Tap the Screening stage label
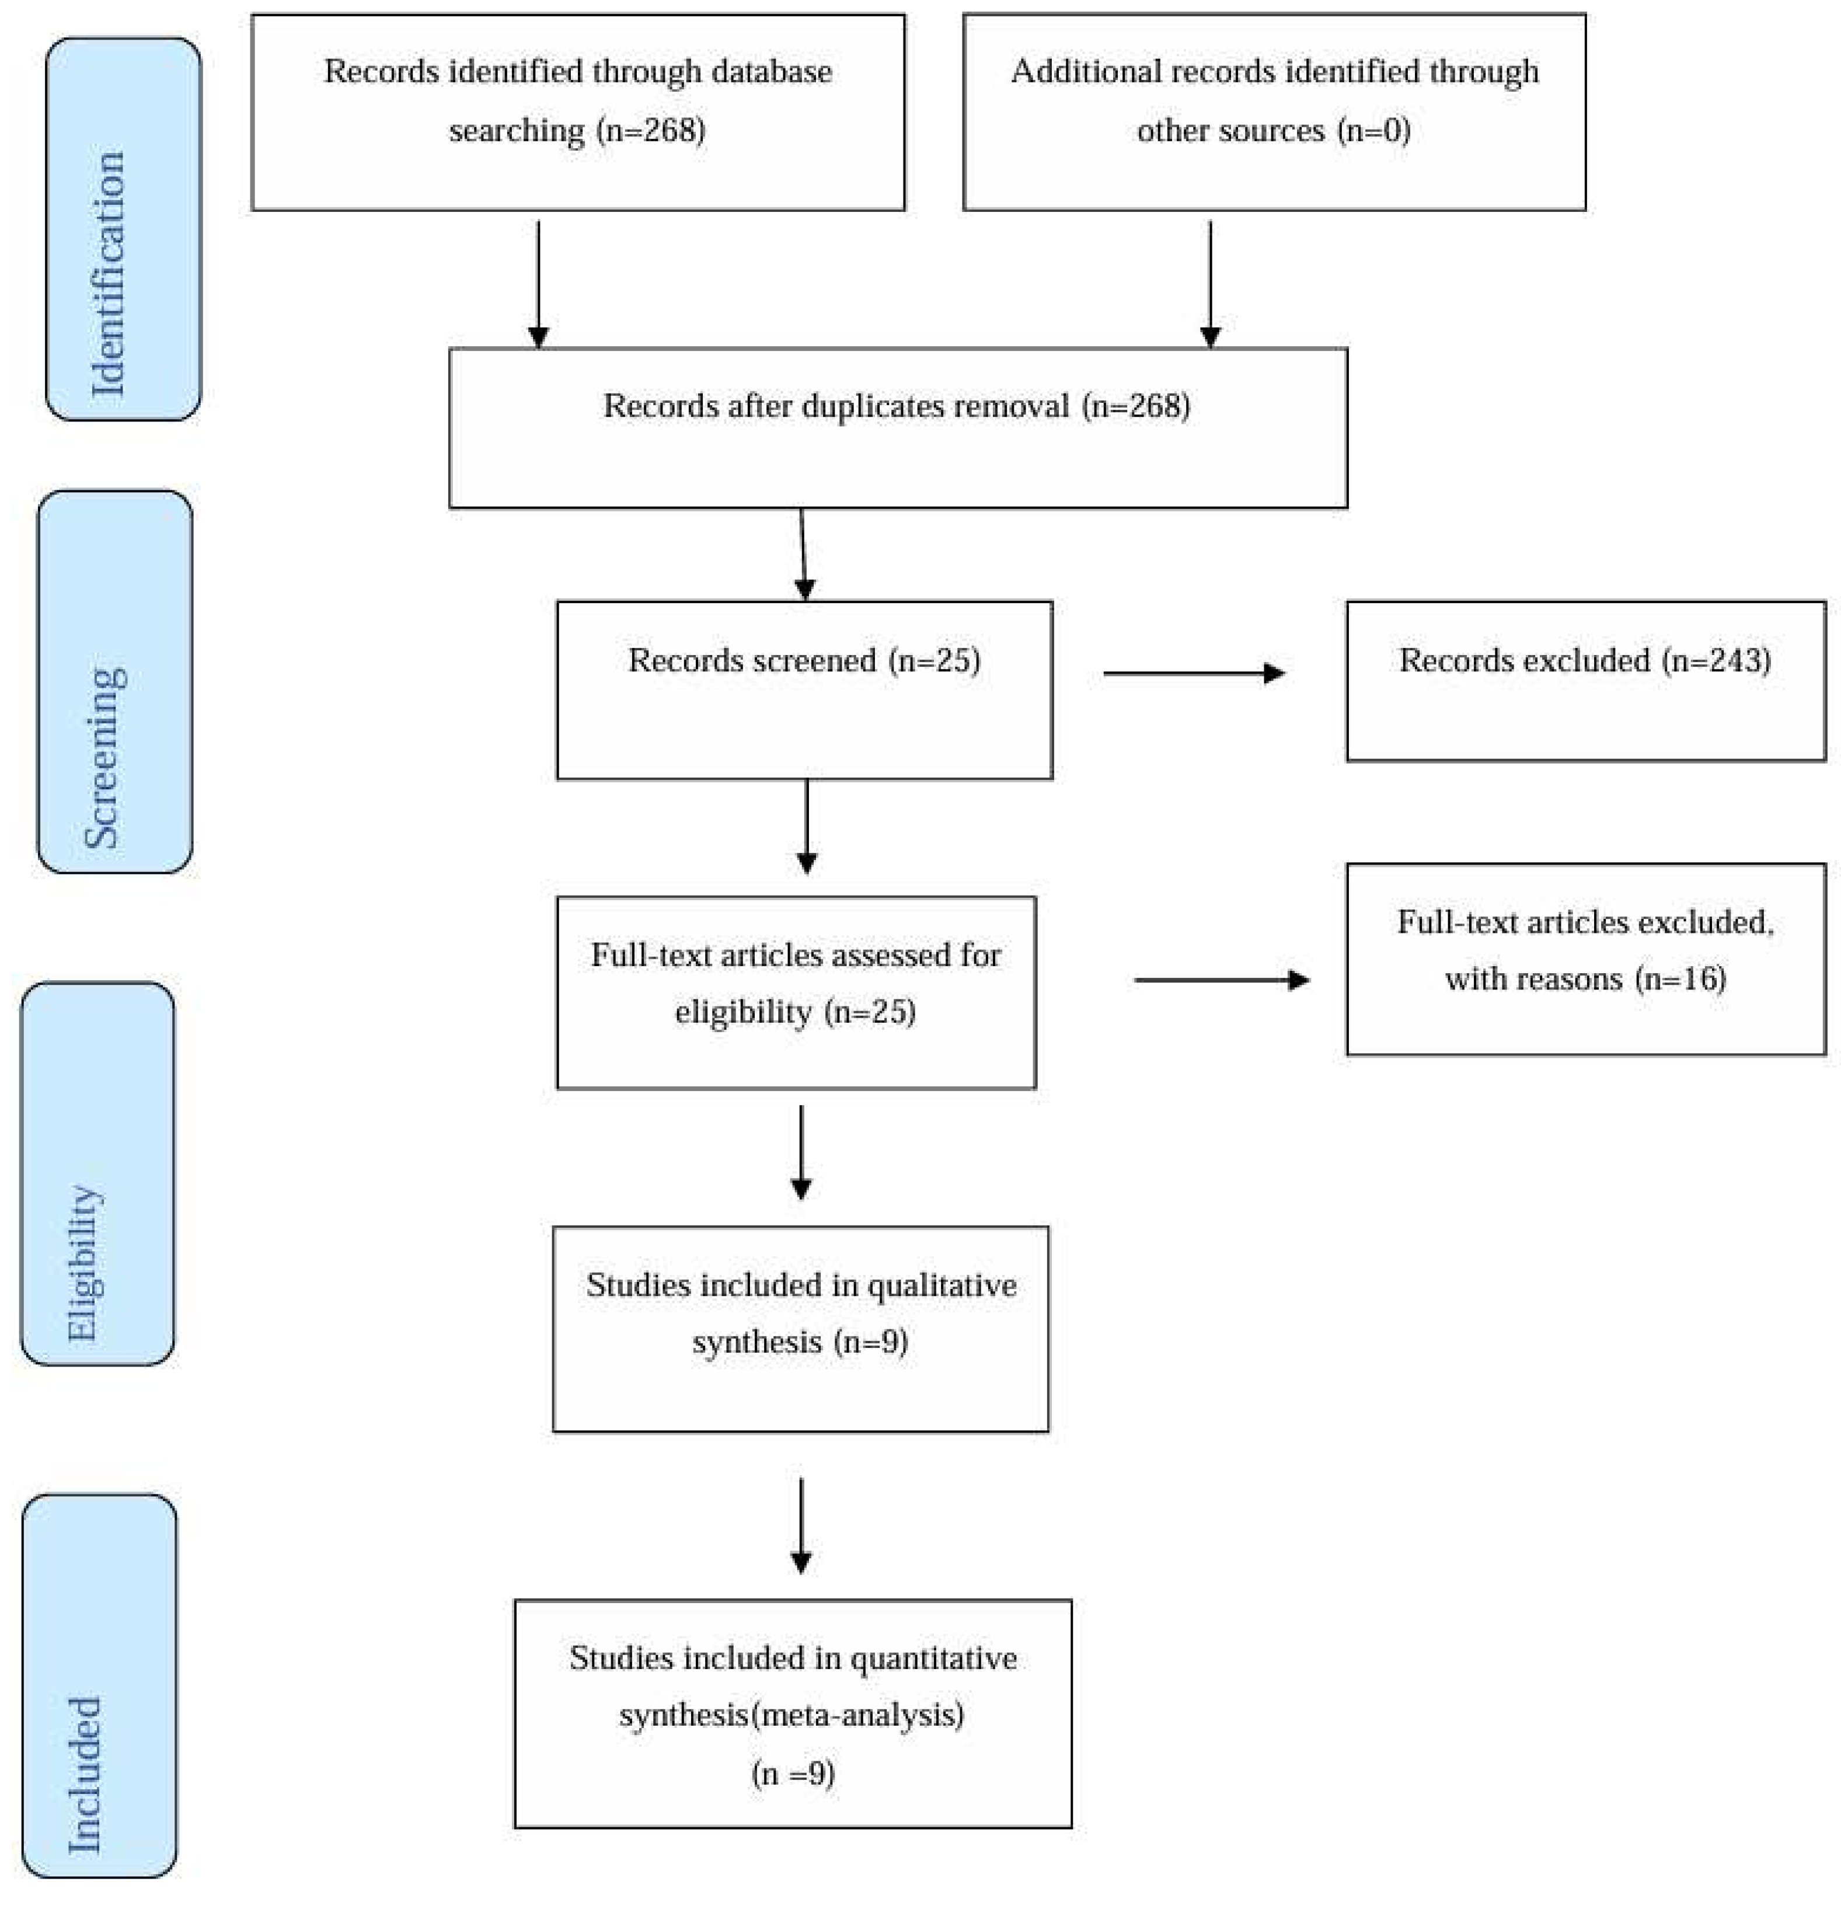pos(103,758)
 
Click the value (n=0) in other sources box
pos(1373,130)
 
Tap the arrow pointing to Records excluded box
pos(1192,673)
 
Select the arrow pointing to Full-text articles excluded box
pos(1222,980)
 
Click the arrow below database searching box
pos(538,284)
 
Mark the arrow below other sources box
pos(1210,284)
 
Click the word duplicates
pos(868,406)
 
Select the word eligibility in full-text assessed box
pos(744,1012)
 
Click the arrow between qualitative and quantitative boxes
pos(800,1525)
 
